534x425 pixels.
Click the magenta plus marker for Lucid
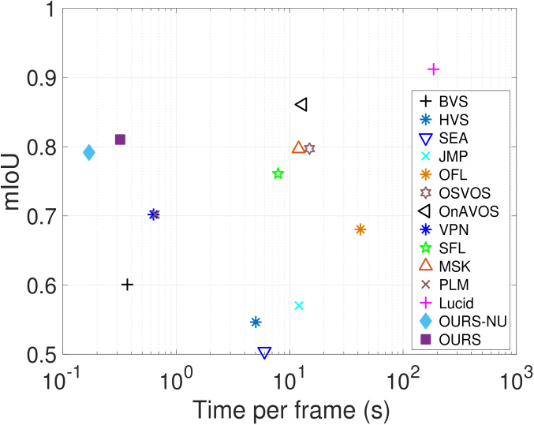coord(433,69)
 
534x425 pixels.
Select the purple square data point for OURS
coord(120,140)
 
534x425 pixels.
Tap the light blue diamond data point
coord(89,152)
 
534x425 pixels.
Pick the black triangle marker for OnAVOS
coord(301,104)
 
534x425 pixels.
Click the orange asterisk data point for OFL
coord(360,229)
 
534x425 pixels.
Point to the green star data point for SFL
coord(278,173)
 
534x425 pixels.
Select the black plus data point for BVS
coord(127,285)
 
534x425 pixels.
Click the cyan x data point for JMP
coord(298,306)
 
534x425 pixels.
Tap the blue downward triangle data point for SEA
coord(264,353)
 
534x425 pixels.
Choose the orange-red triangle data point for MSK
coord(298,147)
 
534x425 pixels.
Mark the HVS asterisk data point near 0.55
coord(256,322)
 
